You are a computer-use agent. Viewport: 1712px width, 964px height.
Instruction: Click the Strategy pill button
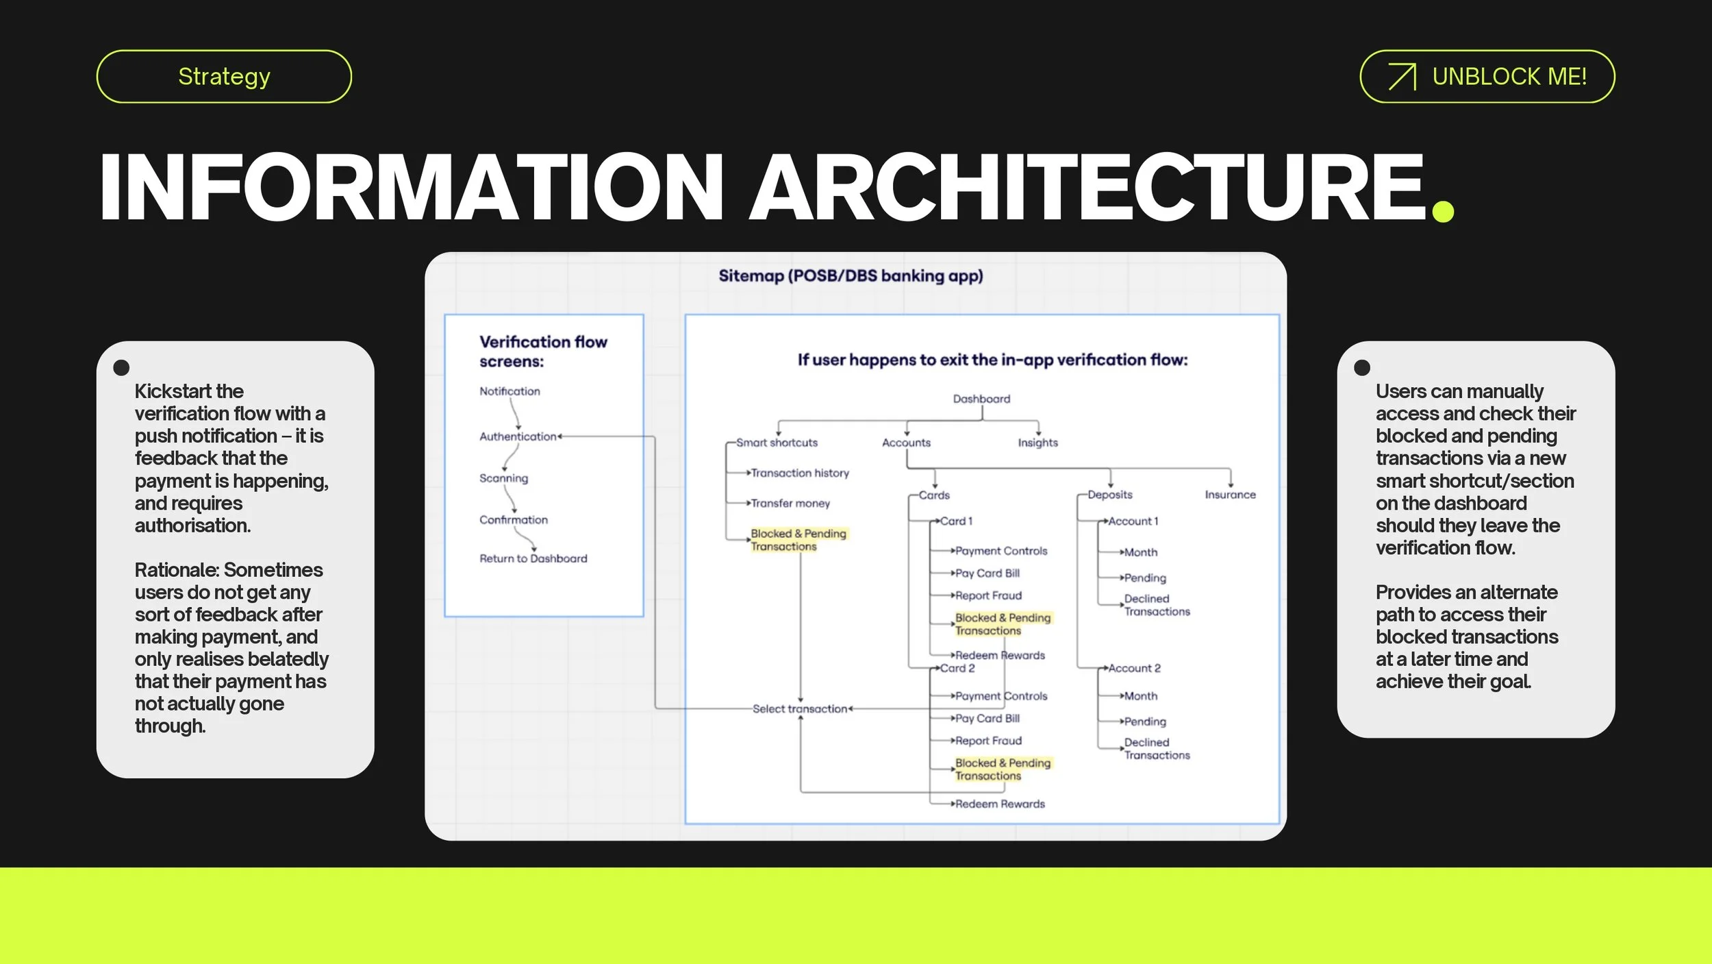(224, 76)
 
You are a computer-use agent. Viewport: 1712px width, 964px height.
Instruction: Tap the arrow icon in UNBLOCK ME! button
(1401, 77)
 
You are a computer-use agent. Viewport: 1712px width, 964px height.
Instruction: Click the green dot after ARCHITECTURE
(1442, 211)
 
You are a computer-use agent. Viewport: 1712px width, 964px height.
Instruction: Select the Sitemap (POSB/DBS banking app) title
(851, 275)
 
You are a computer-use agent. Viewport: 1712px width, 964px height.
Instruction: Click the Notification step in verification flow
(509, 391)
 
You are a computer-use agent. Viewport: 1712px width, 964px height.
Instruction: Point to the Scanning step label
(503, 478)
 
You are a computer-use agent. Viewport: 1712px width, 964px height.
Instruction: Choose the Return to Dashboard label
(533, 558)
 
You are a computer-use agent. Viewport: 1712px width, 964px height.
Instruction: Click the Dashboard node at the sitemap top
(981, 399)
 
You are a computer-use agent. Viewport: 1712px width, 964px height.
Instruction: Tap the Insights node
(1037, 443)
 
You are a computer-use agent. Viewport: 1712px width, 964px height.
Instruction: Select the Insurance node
(1230, 495)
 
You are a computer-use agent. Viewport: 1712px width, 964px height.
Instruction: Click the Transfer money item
(790, 504)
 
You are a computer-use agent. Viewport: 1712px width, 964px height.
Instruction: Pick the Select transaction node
(799, 709)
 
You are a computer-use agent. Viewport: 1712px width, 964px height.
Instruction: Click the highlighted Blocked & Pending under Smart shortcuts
(798, 540)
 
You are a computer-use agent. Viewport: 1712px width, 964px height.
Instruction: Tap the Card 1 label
(956, 521)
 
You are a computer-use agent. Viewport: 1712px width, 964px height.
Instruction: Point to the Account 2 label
(1134, 668)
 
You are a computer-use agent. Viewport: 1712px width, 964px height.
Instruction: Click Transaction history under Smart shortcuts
(800, 473)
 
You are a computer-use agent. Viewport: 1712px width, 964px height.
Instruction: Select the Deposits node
(1109, 495)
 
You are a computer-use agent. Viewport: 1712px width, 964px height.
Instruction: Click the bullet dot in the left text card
(121, 368)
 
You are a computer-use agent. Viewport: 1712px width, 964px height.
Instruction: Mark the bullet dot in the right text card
(1362, 368)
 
